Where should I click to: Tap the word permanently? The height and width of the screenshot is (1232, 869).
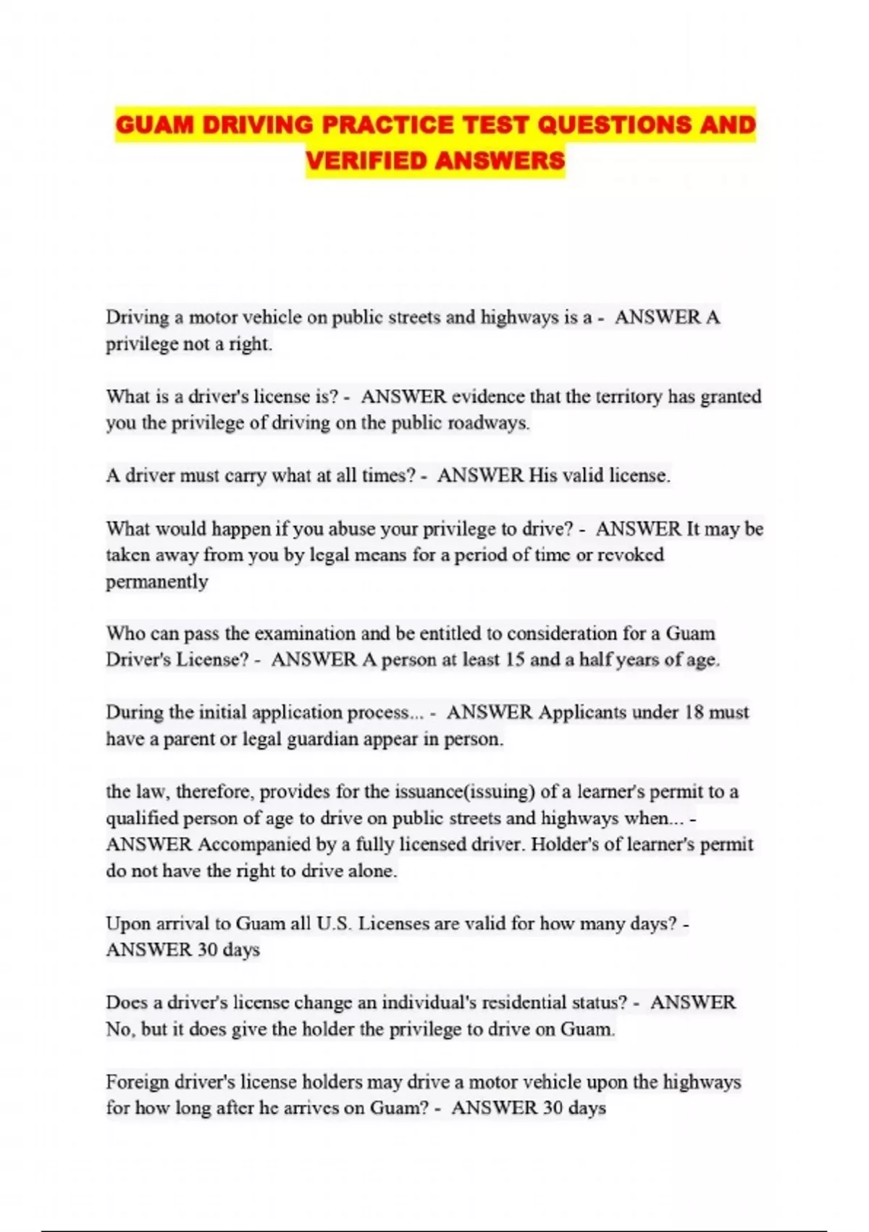[156, 582]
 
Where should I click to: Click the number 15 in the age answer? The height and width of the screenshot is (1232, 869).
[515, 660]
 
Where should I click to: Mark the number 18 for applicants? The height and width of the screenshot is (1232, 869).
[694, 712]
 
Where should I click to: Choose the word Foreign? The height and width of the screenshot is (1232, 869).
[138, 1082]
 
